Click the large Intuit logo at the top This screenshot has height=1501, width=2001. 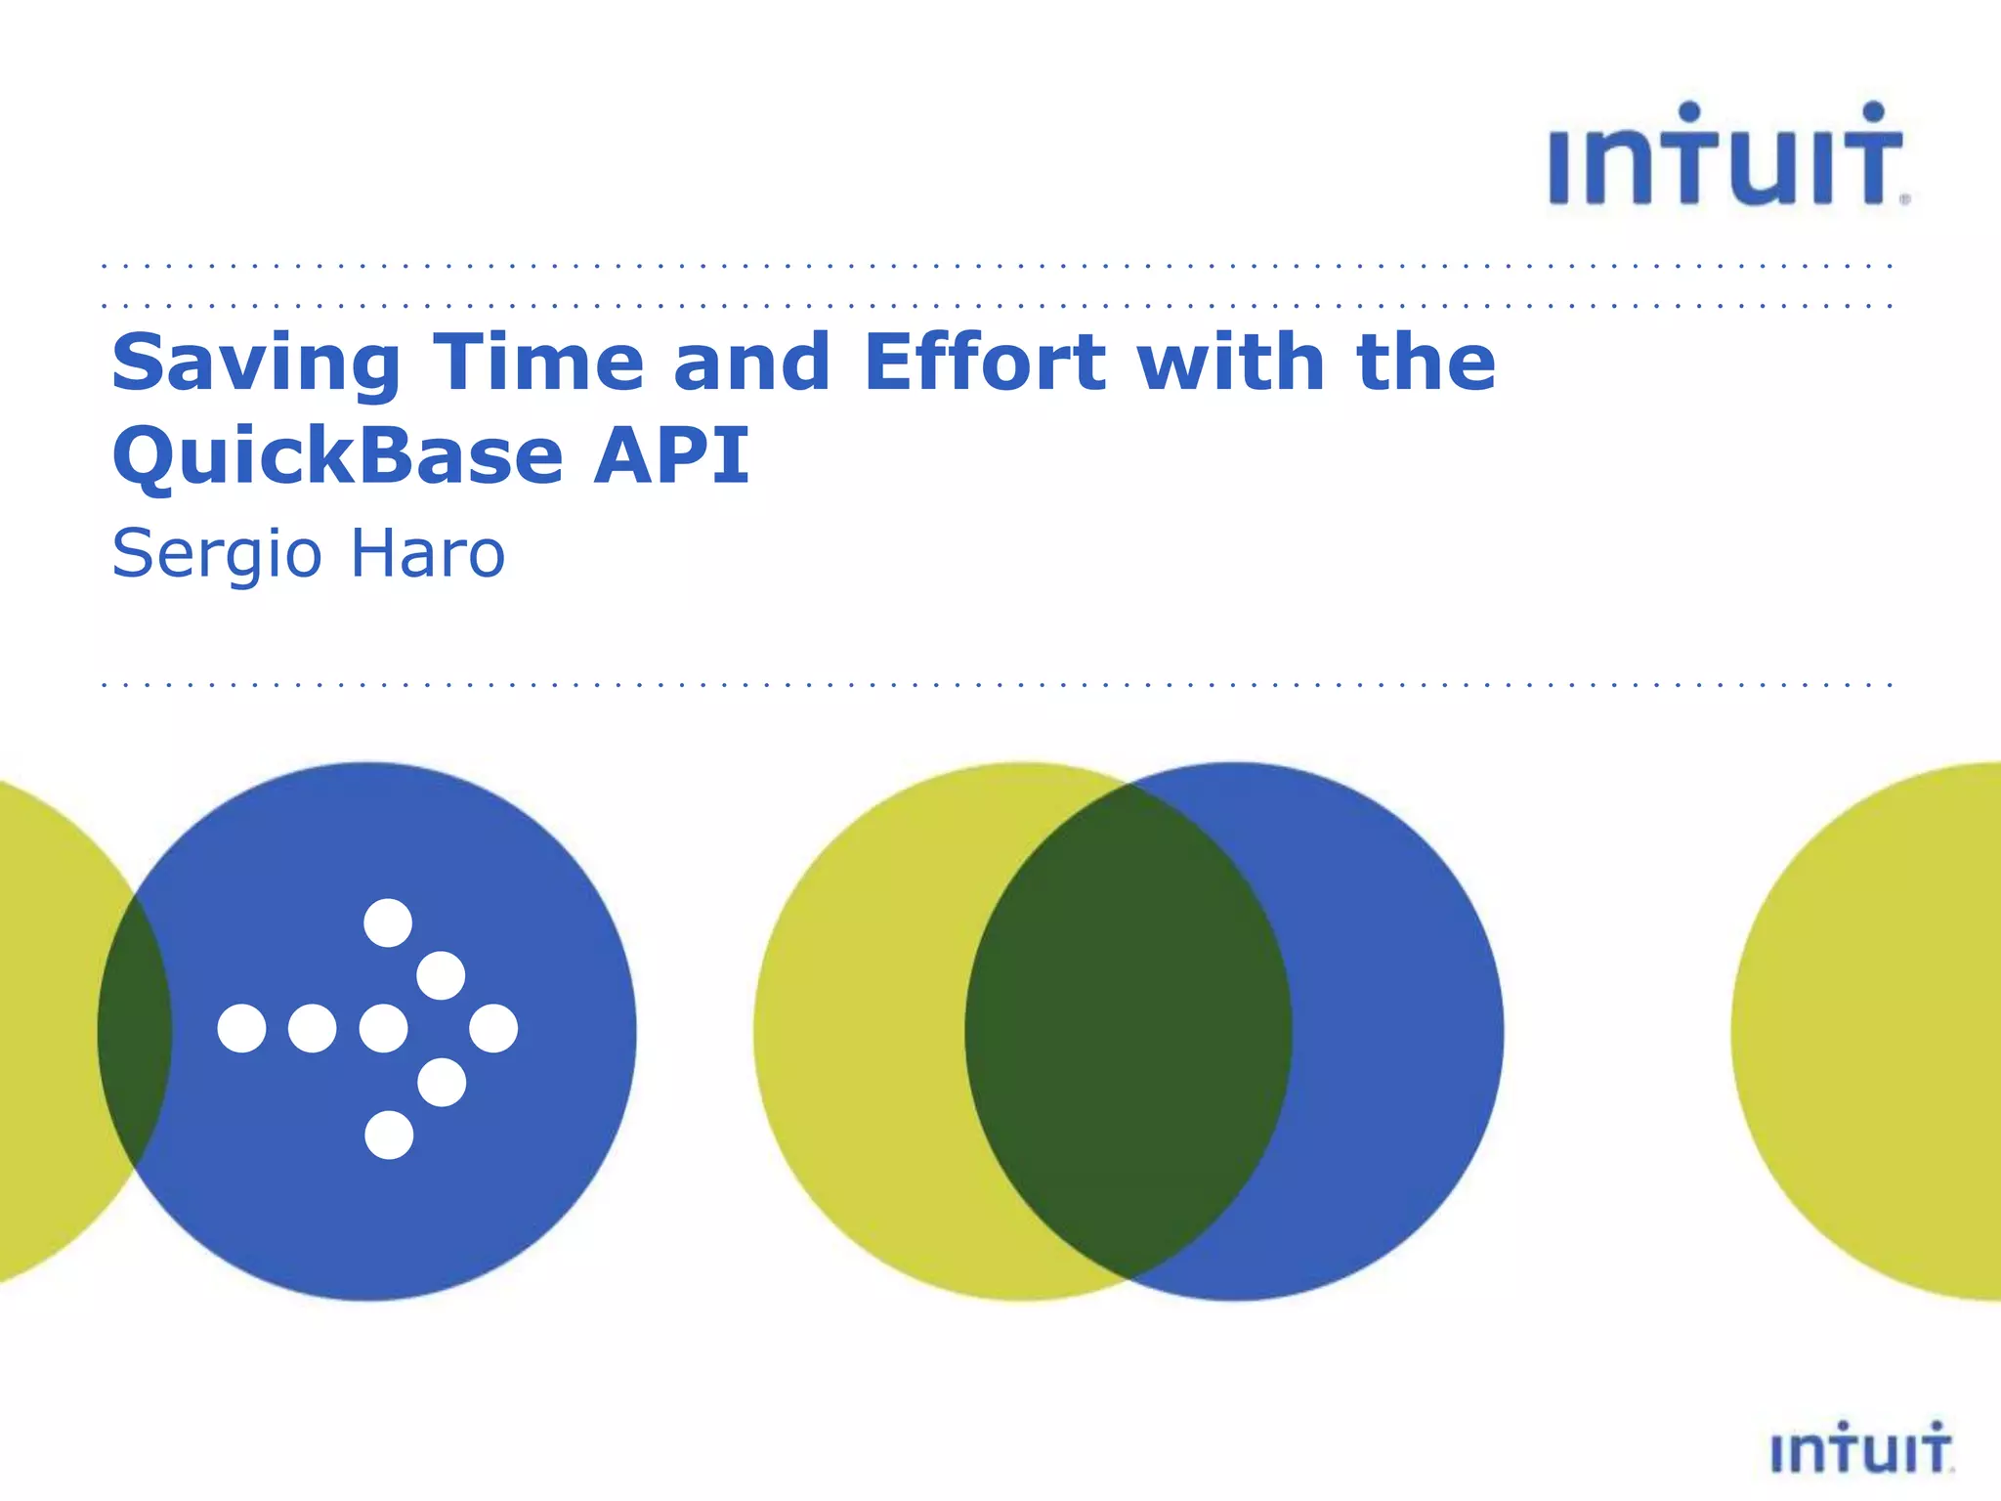pyautogui.click(x=1725, y=156)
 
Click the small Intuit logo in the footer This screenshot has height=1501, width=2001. pyautogui.click(x=1860, y=1448)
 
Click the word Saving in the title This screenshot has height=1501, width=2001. pyautogui.click(x=256, y=364)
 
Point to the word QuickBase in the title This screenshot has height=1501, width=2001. pyautogui.click(x=338, y=456)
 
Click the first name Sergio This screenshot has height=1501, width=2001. pyautogui.click(x=216, y=555)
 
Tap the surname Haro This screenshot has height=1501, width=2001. pyautogui.click(x=427, y=553)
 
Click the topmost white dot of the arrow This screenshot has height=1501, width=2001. pyautogui.click(x=388, y=922)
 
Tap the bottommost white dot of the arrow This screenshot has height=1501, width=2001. pyautogui.click(x=389, y=1135)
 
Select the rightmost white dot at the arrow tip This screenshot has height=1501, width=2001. pyautogui.click(x=493, y=1028)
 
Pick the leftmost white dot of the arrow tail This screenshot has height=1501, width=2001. pyautogui.click(x=241, y=1028)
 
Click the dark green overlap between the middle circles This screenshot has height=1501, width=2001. pyautogui.click(x=1128, y=1031)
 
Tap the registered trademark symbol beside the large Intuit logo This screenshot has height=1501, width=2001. pyautogui.click(x=1904, y=198)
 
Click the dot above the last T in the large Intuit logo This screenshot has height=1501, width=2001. pyautogui.click(x=1873, y=111)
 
